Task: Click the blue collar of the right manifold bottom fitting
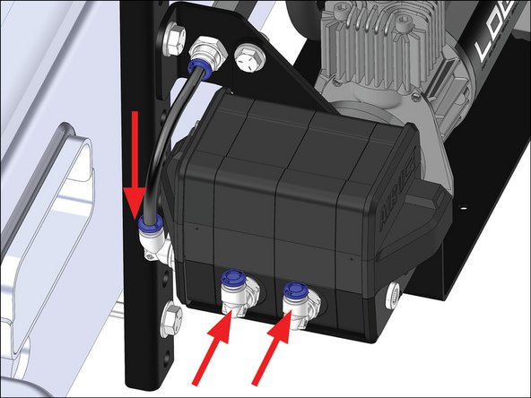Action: click(x=292, y=288)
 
